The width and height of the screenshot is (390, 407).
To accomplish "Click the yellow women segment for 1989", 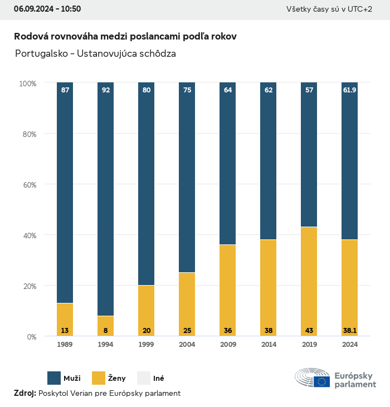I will [x=65, y=317].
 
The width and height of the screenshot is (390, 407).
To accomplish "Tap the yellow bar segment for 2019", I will [x=309, y=278].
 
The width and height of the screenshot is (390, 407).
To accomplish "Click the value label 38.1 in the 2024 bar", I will [x=350, y=331].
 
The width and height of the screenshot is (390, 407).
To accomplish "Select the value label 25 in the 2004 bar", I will [x=187, y=331].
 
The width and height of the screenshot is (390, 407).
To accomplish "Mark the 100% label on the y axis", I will [x=27, y=83].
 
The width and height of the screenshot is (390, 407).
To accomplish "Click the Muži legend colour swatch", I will [x=54, y=378].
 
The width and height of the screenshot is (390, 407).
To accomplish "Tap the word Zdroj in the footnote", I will [x=25, y=393].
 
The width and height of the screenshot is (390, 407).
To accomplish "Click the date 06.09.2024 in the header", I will [x=32, y=9].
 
